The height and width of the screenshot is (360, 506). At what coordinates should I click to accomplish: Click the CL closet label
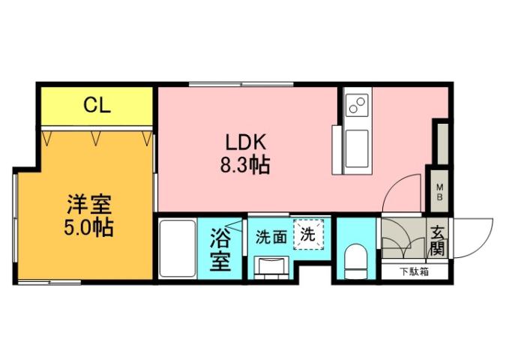97,106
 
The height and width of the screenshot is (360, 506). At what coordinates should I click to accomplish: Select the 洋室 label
88,203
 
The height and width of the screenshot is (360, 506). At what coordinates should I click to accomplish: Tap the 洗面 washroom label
271,237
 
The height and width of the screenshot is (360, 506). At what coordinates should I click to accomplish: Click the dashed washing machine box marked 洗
308,233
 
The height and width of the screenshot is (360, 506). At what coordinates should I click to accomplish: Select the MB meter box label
441,191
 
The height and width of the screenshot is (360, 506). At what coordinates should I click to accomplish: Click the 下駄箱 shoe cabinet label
414,271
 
